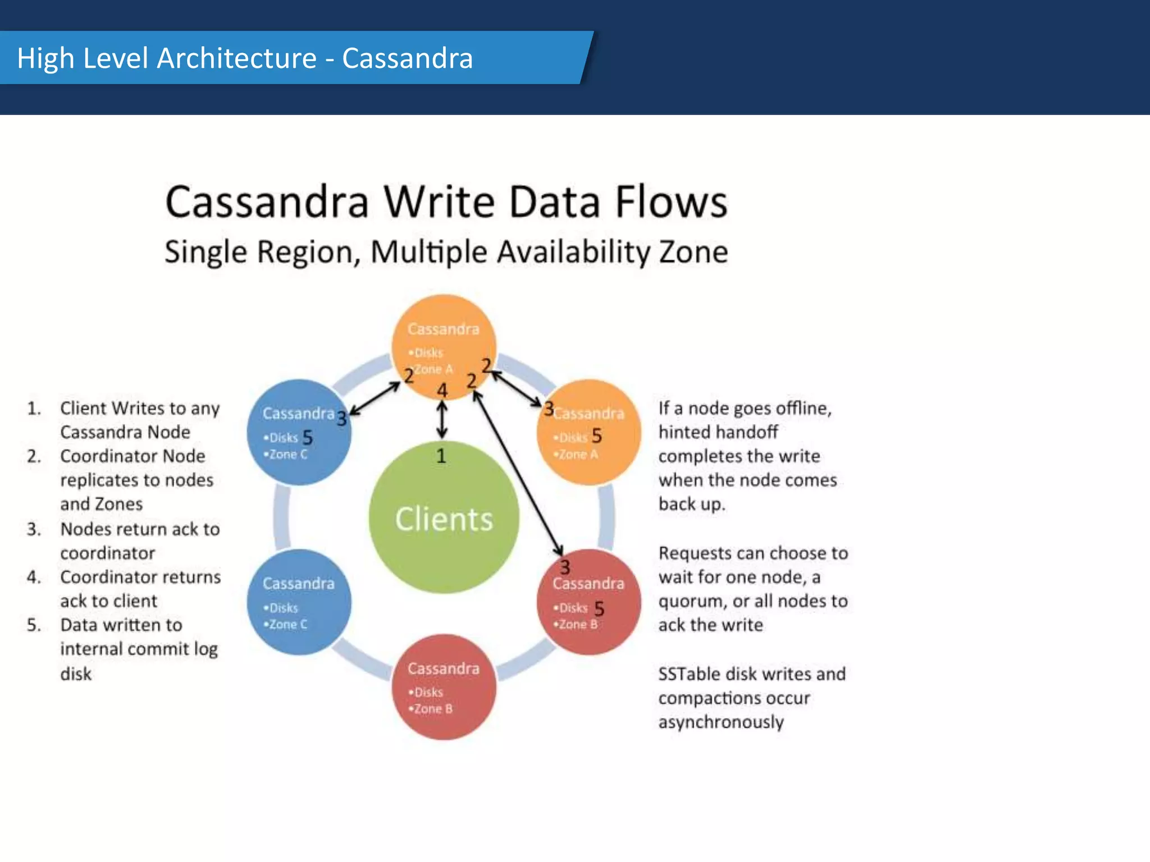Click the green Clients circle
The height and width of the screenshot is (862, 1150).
444,517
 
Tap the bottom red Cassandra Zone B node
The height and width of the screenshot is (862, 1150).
444,687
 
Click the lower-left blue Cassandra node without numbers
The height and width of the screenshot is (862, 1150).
299,602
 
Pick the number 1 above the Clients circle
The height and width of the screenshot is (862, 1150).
441,456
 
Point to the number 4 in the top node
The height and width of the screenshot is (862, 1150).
442,390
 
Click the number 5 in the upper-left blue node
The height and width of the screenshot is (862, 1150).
307,438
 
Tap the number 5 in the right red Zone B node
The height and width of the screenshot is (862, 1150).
599,609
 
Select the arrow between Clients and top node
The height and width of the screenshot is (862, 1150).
442,420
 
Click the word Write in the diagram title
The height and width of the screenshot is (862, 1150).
442,202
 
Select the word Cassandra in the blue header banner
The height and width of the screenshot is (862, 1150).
407,58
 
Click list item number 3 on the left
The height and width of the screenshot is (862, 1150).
34,529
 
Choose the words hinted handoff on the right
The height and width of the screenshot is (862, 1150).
718,432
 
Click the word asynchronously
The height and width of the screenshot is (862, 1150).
720,722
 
